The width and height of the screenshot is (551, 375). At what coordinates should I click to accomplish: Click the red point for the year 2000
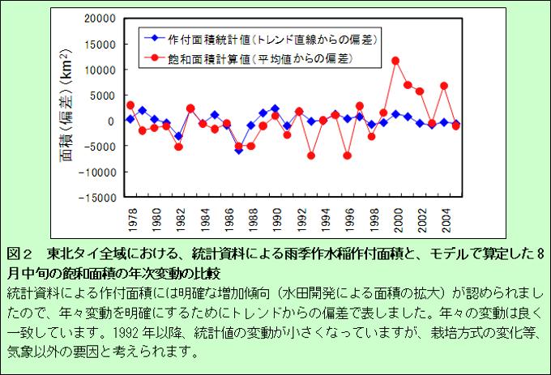[395, 61]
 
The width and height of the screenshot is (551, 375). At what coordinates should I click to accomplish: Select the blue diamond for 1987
[238, 150]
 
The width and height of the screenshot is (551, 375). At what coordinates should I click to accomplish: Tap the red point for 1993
[311, 156]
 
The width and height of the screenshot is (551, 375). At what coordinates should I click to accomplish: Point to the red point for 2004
[444, 86]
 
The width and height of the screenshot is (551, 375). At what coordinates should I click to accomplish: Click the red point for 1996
[347, 156]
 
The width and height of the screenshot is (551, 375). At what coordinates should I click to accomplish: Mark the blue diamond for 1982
[178, 136]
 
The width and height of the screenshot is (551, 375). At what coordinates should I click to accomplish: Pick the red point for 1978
[130, 105]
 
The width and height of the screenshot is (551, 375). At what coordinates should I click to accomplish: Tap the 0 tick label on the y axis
[113, 121]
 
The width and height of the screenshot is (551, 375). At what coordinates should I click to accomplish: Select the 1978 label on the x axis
[130, 220]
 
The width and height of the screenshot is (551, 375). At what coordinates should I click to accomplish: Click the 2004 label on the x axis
[444, 220]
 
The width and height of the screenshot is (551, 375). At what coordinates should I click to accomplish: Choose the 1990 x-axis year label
[275, 220]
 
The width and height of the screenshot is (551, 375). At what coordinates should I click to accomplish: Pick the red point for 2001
[408, 85]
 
